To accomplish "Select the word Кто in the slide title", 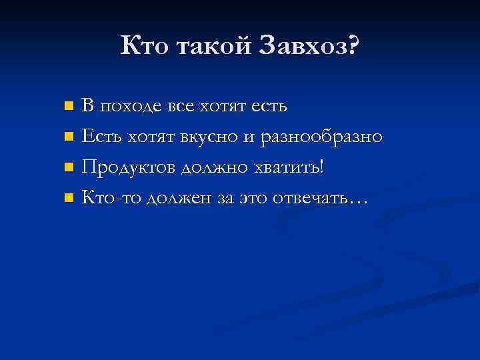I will (147, 46).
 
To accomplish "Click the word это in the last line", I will (250, 197).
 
